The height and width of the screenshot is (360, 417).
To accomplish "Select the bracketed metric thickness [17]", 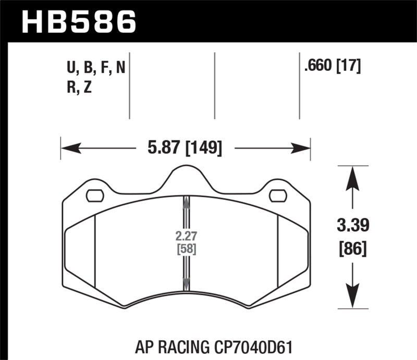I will [x=348, y=67].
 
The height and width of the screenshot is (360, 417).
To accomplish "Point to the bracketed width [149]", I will [x=203, y=149].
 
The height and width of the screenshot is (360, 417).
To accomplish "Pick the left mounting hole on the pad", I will [x=94, y=196].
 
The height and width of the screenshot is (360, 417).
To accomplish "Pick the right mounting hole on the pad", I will [x=278, y=196].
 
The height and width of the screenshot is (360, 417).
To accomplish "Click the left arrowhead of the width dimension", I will [x=70, y=149].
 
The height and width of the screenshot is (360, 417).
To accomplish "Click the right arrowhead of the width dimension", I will [x=301, y=149].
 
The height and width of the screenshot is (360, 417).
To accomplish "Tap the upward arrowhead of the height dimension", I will [x=353, y=177].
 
